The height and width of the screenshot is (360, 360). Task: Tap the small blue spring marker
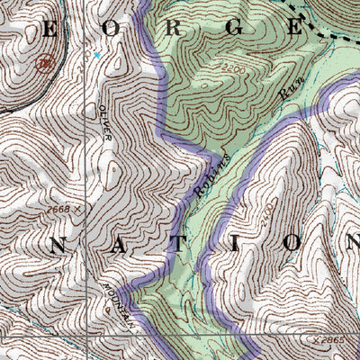pos(97,55)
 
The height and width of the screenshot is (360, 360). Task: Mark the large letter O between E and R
pos(111,28)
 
